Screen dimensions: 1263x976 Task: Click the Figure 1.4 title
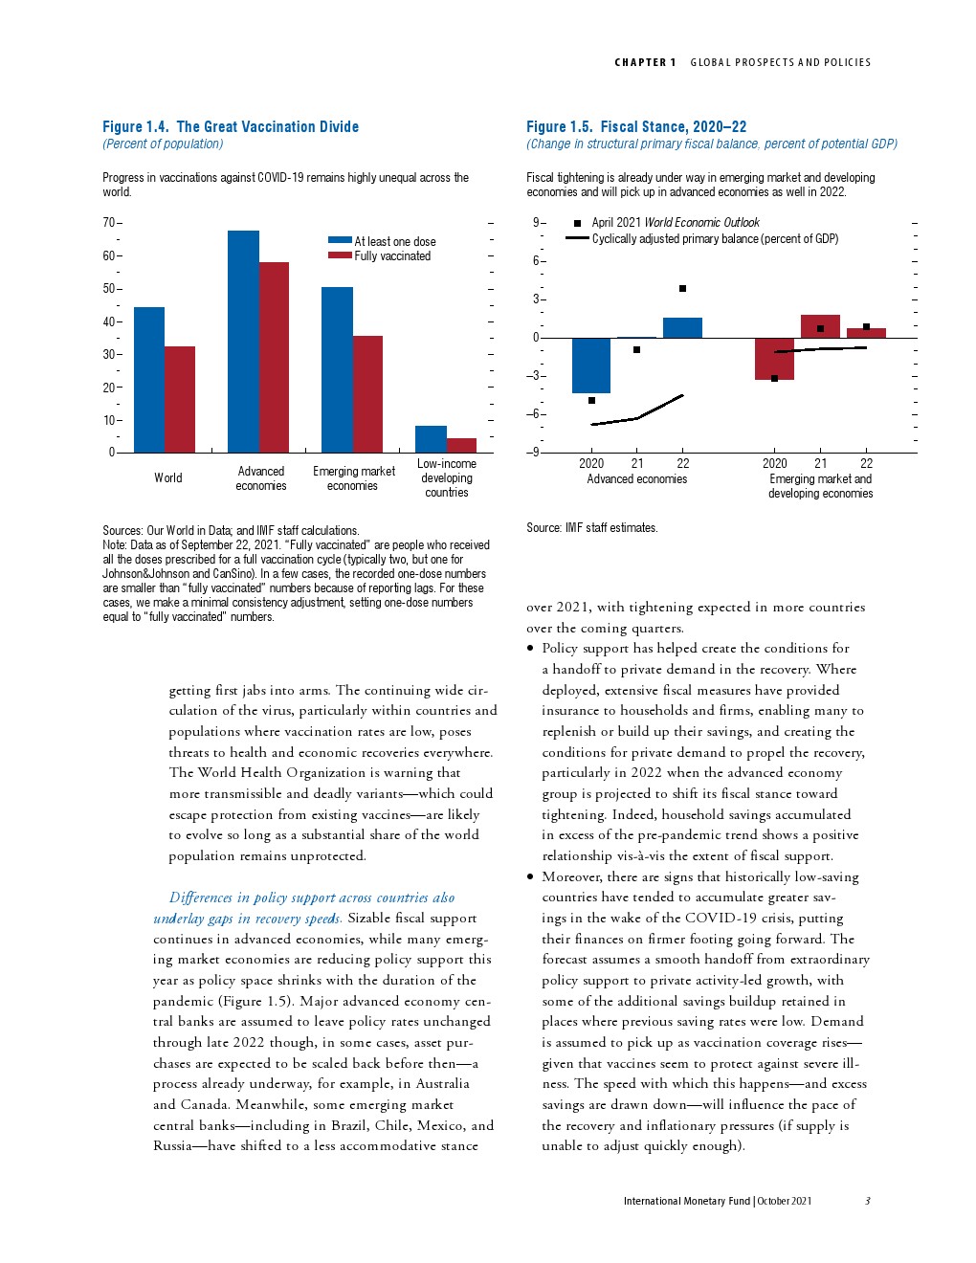click(x=231, y=126)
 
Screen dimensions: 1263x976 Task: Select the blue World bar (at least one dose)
click(x=149, y=380)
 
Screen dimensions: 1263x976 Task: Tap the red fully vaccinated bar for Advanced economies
click(x=274, y=357)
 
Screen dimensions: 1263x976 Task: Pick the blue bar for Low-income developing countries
click(x=431, y=439)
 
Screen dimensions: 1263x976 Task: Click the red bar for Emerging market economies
click(x=367, y=394)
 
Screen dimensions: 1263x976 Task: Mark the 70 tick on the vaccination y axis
click(x=108, y=223)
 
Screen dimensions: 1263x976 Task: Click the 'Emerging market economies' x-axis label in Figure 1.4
click(x=353, y=478)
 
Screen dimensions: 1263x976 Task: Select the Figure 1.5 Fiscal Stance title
click(x=636, y=126)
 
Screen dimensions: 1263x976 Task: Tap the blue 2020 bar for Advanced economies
click(x=591, y=366)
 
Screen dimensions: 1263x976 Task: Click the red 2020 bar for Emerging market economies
click(x=774, y=359)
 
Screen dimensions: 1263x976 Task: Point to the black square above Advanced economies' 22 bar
click(x=682, y=288)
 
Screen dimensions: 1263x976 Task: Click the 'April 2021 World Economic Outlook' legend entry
click(x=675, y=223)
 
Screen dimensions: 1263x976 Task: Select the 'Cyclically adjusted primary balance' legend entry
click(x=714, y=239)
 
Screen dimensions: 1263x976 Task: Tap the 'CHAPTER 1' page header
click(x=645, y=62)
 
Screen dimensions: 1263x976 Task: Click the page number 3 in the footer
click(x=867, y=1201)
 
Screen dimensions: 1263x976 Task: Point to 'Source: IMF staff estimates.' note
click(x=592, y=528)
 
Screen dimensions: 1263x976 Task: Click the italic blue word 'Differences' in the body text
click(x=200, y=897)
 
